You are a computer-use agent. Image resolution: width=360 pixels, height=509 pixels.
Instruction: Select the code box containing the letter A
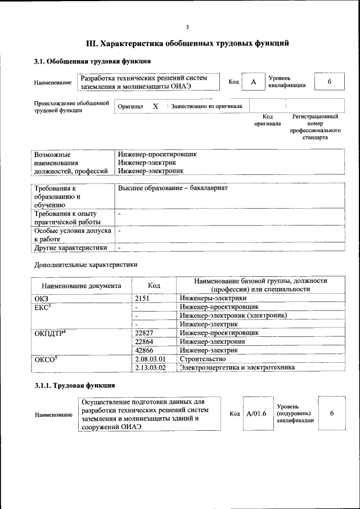click(254, 82)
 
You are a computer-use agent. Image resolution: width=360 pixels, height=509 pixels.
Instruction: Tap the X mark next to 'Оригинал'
click(156, 106)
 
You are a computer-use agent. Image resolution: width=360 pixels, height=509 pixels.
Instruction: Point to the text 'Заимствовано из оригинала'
click(206, 106)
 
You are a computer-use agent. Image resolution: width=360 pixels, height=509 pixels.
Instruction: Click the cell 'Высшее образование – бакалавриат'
click(173, 187)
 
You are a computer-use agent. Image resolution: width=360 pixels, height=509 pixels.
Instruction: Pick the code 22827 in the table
click(145, 333)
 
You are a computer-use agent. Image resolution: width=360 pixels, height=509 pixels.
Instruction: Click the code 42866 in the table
click(145, 350)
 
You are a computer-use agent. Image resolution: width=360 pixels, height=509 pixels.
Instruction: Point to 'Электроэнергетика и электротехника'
click(237, 367)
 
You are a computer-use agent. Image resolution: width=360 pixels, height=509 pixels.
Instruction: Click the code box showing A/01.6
click(256, 414)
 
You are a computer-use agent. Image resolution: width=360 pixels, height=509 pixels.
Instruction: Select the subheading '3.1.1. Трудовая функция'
click(75, 386)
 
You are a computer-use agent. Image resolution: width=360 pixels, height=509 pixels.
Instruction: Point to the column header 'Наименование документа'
click(81, 286)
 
